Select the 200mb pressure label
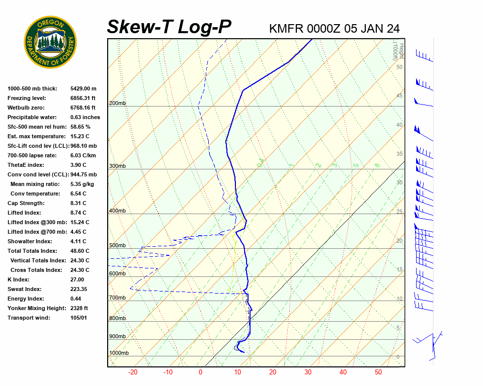tap(117, 104)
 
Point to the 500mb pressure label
tap(117, 246)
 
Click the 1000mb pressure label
tap(119, 353)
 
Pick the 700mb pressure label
tap(117, 298)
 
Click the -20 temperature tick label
tap(133, 372)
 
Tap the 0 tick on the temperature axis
tap(200, 372)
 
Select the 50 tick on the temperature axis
tap(378, 372)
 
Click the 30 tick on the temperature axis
tap(307, 372)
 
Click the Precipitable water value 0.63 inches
tap(85, 117)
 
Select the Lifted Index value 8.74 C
tap(78, 213)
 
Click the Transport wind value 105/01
tap(78, 318)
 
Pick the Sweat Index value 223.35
tap(79, 289)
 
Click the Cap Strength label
tap(26, 203)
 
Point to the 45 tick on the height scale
tap(399, 96)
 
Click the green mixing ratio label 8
tap(377, 165)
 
